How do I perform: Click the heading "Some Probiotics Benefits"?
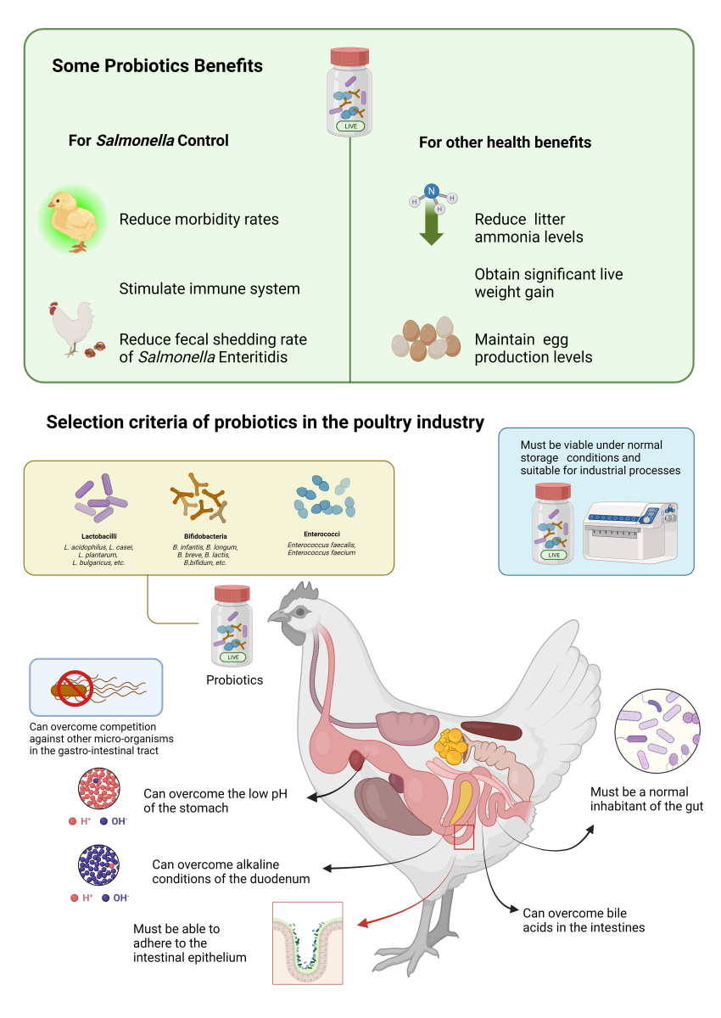[157, 66]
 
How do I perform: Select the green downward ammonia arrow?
[432, 225]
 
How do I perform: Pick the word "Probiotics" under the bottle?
[234, 680]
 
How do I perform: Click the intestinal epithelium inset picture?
[307, 942]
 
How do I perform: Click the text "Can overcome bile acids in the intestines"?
[584, 920]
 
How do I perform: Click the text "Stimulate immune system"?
[210, 288]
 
